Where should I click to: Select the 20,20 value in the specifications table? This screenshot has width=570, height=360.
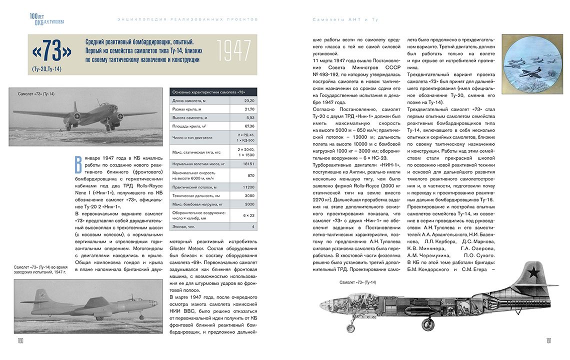(249, 100)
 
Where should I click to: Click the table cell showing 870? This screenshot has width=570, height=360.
(250, 175)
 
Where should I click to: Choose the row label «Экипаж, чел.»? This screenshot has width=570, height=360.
(184, 226)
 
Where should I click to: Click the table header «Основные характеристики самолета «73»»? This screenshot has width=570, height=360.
(202, 92)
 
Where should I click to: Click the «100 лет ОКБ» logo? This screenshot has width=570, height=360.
(46, 19)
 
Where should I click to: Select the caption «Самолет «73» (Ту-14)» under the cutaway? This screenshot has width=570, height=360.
(357, 282)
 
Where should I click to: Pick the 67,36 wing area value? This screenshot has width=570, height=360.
(249, 126)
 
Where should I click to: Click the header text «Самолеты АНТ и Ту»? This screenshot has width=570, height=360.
(345, 19)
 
